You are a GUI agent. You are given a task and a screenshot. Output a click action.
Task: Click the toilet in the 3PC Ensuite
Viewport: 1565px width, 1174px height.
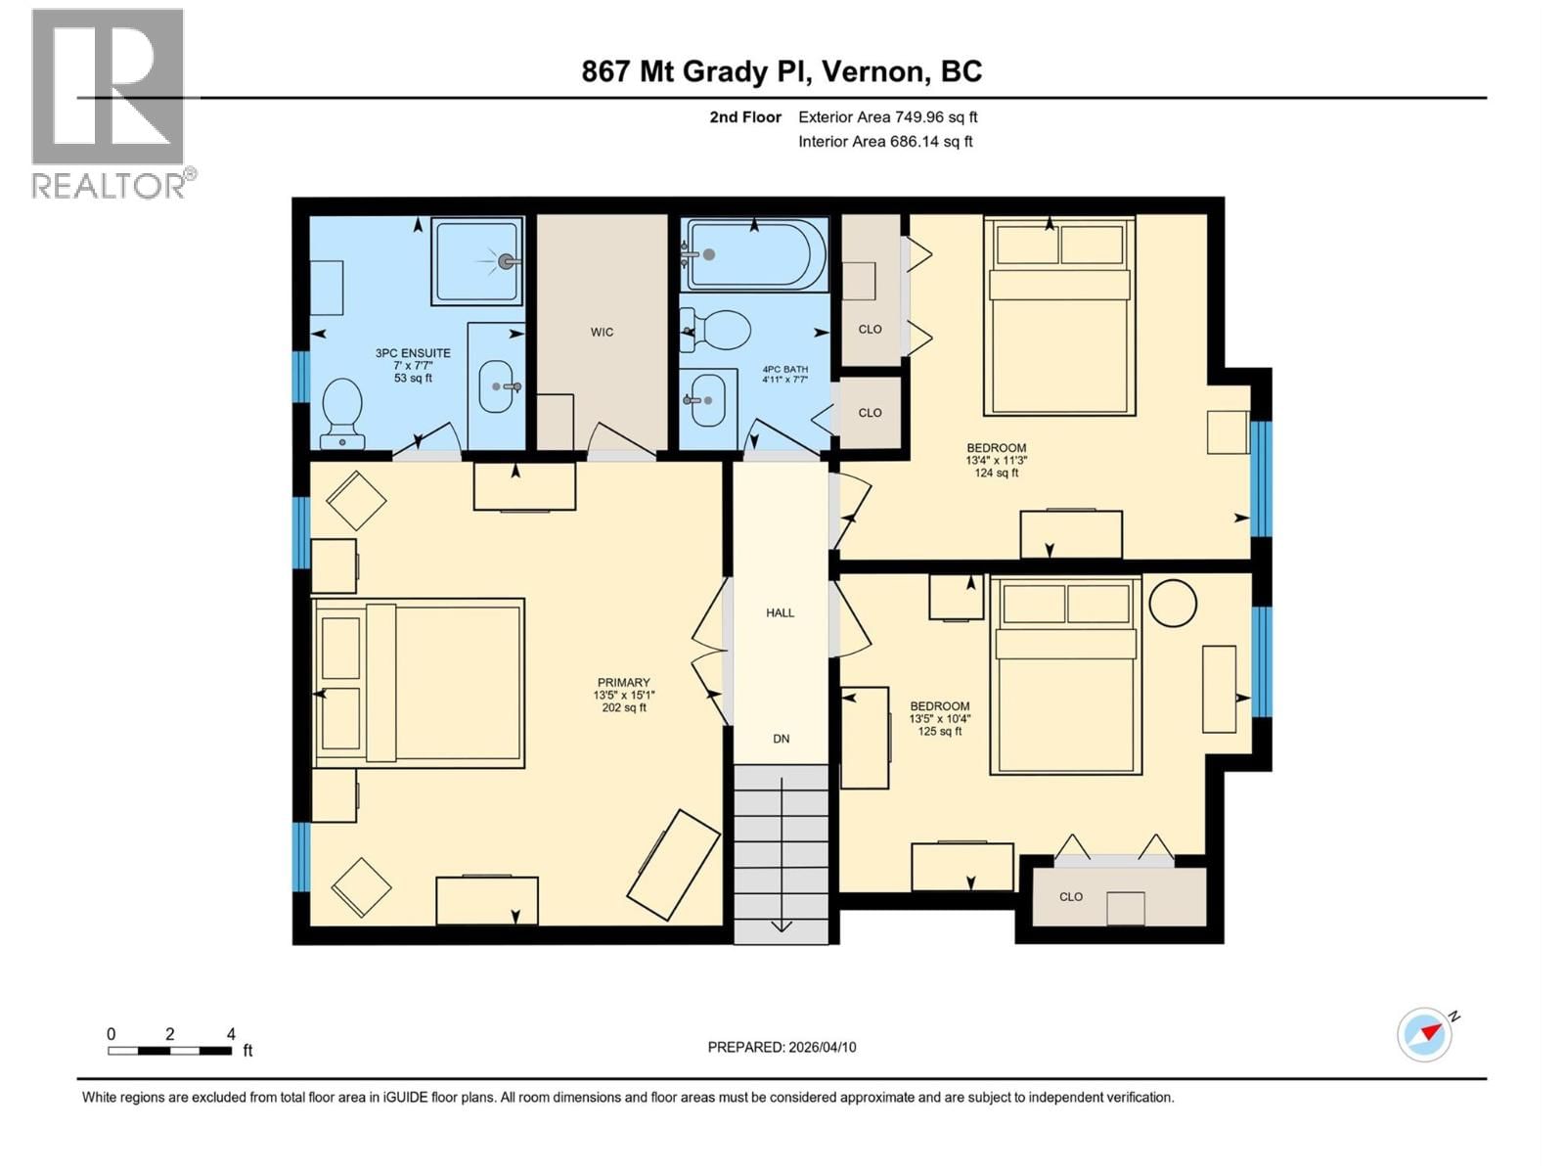(x=342, y=411)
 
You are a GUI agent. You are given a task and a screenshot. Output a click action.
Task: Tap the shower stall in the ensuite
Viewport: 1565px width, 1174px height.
(x=477, y=261)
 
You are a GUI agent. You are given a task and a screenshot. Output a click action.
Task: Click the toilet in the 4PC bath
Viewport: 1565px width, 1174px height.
(x=719, y=330)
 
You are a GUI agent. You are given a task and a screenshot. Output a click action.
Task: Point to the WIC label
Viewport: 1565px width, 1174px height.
(x=602, y=333)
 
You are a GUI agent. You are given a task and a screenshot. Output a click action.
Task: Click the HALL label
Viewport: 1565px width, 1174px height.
(x=780, y=613)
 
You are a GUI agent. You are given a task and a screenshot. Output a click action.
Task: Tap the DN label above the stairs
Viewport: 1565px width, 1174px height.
(x=781, y=739)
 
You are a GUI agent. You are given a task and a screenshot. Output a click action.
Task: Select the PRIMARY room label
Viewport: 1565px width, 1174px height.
(x=623, y=683)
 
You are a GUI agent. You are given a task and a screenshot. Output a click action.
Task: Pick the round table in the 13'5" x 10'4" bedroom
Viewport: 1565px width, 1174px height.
(x=1172, y=603)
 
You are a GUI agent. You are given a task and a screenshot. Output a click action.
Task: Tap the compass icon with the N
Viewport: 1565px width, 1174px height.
(x=1424, y=1034)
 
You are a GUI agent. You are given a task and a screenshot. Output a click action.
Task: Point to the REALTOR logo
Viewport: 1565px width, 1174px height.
(x=110, y=103)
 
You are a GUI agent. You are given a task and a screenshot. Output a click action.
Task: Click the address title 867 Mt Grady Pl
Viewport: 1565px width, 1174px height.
(x=782, y=71)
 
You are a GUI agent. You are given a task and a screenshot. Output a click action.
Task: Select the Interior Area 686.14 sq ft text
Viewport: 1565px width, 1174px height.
(x=885, y=142)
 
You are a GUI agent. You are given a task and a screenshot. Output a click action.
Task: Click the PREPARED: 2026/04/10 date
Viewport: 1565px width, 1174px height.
(x=782, y=1047)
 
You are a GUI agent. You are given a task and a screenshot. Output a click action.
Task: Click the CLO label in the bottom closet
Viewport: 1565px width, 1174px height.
(x=1070, y=897)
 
